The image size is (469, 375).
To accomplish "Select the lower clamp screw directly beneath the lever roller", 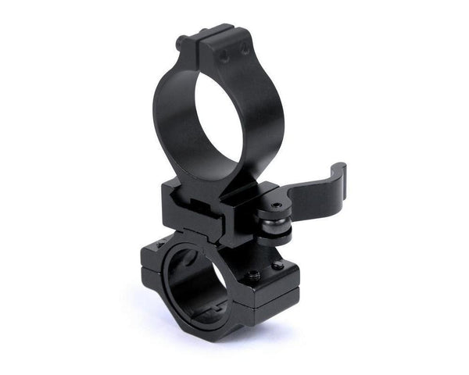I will tap(277, 266).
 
